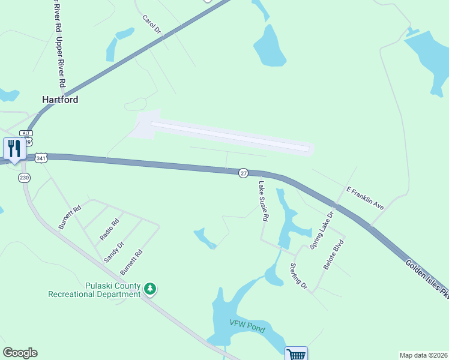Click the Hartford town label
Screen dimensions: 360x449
point(60,100)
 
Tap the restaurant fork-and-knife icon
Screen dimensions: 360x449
point(13,148)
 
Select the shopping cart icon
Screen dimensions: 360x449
point(296,354)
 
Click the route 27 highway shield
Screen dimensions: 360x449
point(243,173)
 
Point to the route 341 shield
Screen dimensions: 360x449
point(41,158)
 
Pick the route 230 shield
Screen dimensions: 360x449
point(24,178)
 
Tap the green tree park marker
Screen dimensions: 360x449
point(150,290)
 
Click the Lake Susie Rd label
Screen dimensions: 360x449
point(262,202)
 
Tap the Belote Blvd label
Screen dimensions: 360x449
point(334,255)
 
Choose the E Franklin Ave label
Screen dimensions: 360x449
point(365,197)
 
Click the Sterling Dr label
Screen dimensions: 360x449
point(298,277)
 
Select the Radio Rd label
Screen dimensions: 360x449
point(110,229)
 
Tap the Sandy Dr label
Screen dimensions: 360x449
point(113,252)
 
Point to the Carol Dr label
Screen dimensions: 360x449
point(152,25)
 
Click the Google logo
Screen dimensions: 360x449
point(20,353)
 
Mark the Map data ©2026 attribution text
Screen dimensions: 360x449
point(423,355)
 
